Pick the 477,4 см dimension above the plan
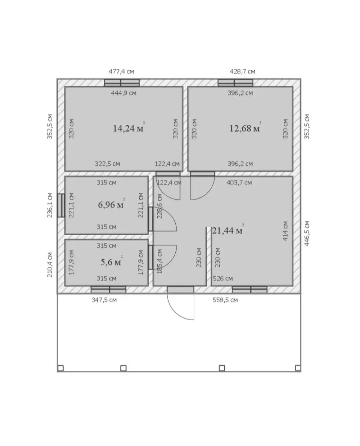pos(121,72)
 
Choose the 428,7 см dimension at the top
pos(242,72)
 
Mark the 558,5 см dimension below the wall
pos(225,300)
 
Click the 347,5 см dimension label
pos(104,300)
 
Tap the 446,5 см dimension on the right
pos(306,233)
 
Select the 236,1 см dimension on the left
pos(50,205)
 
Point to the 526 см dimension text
pos(223,278)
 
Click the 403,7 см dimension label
pos(239,183)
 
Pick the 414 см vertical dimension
pos(285,231)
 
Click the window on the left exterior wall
pos(61,205)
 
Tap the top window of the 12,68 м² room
pos(235,83)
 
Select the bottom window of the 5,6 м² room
pos(108,290)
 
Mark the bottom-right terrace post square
pos(298,368)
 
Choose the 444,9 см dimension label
pos(123,93)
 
